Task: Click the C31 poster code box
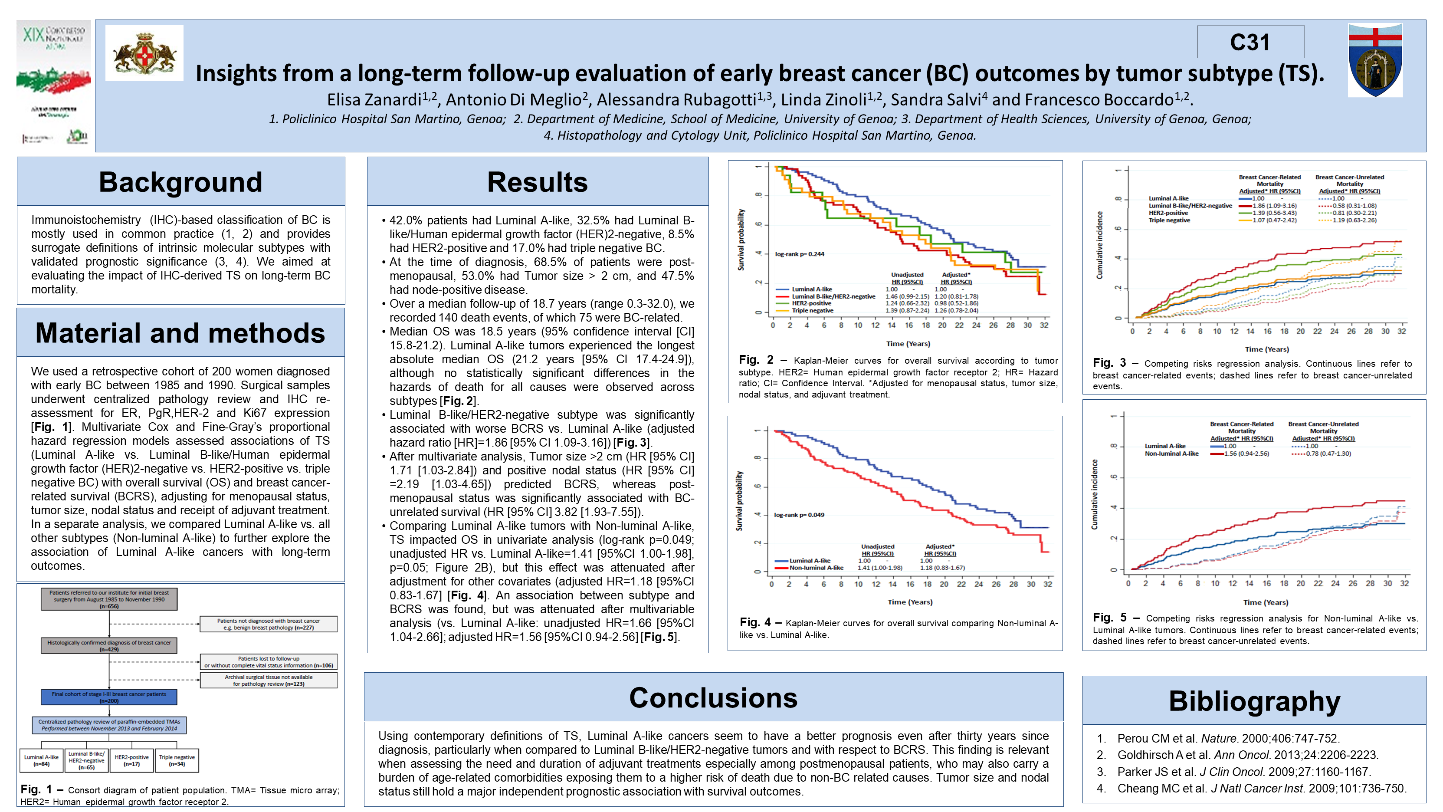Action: [x=1250, y=42]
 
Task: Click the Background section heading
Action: [x=180, y=182]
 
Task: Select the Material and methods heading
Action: [x=180, y=333]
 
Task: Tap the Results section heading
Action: [x=537, y=182]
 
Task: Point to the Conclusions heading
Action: [x=713, y=698]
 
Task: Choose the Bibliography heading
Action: [x=1254, y=701]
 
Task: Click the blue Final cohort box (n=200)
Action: [x=109, y=697]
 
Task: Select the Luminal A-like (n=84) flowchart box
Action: [x=42, y=760]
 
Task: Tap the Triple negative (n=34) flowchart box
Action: [x=177, y=760]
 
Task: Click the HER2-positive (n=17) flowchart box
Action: [x=131, y=760]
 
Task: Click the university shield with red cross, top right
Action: [x=1375, y=60]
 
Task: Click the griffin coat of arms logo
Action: [x=144, y=53]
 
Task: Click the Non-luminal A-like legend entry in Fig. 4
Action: [x=816, y=568]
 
